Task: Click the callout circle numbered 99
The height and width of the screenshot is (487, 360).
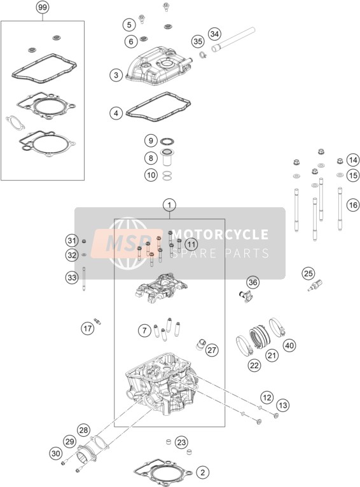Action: coord(43,7)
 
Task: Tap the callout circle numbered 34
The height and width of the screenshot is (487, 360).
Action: coord(214,34)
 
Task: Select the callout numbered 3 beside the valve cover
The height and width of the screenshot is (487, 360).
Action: coord(116,75)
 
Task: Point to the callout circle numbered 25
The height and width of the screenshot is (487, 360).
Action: coord(308,273)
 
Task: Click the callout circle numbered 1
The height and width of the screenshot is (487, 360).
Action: coord(170,205)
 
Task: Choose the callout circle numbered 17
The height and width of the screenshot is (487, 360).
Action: coord(88,328)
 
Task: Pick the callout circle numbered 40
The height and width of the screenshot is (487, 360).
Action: coord(289,345)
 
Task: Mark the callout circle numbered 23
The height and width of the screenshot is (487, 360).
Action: coord(181,442)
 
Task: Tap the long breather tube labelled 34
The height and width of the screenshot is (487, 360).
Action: coord(233,40)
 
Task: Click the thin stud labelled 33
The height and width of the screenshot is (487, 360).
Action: coord(84,278)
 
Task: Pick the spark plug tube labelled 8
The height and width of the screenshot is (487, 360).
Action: coord(167,158)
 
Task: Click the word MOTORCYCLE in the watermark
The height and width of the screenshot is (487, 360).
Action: coord(220,235)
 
